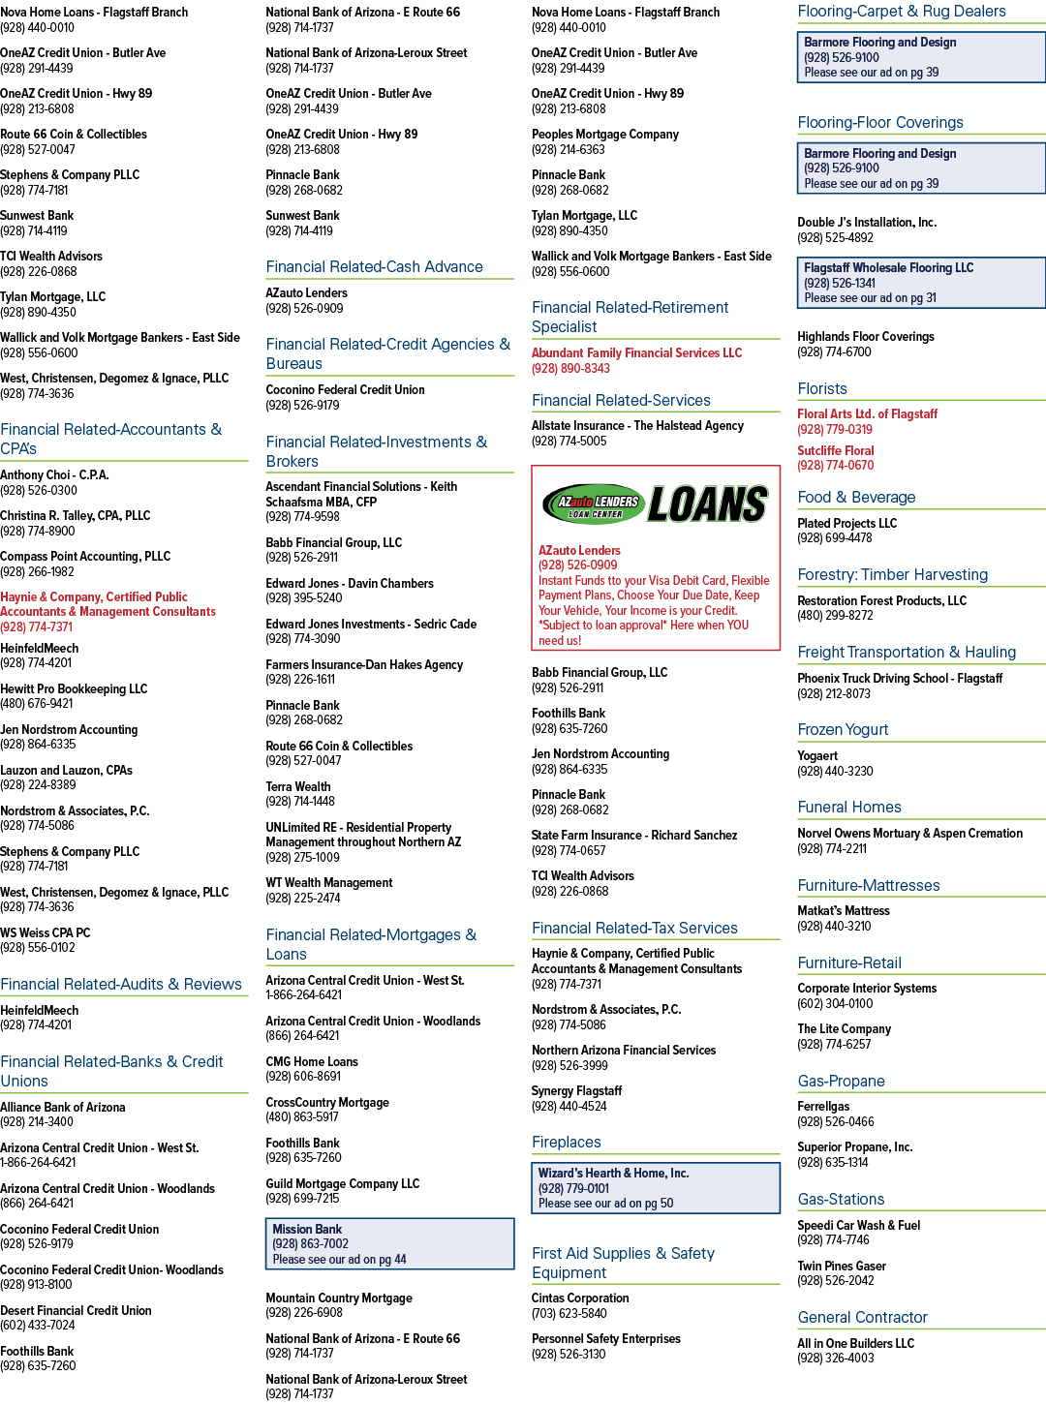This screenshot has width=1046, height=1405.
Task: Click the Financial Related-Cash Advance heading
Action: point(374,266)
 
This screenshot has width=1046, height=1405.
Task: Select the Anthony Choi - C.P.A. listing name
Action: point(54,475)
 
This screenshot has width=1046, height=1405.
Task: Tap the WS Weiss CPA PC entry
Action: point(45,932)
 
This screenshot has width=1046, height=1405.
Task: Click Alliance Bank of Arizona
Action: point(63,1108)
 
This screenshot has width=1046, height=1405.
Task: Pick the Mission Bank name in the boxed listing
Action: point(307,1229)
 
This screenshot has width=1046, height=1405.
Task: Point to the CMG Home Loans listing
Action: point(312,1061)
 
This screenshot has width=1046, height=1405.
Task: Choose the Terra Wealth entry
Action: point(297,787)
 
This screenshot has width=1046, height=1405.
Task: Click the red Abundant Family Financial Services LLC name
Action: point(636,352)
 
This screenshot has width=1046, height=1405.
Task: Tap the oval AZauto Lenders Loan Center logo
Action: point(594,504)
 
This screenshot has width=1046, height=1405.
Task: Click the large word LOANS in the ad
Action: point(708,504)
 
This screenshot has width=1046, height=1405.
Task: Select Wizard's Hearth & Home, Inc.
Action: point(613,1174)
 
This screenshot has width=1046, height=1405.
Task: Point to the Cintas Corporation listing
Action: point(580,1298)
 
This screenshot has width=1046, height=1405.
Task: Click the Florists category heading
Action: point(821,389)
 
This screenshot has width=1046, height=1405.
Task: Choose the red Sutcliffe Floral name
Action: point(835,451)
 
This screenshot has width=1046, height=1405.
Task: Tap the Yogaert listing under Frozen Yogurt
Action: point(817,755)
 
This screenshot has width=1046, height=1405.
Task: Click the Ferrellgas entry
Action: point(823,1106)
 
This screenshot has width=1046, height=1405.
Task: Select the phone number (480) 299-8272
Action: point(835,615)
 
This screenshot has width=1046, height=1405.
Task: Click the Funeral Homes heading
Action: point(849,807)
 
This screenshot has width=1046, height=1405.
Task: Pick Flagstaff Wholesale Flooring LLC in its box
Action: point(888,268)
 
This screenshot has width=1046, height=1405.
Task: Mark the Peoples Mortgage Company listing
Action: point(605,135)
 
